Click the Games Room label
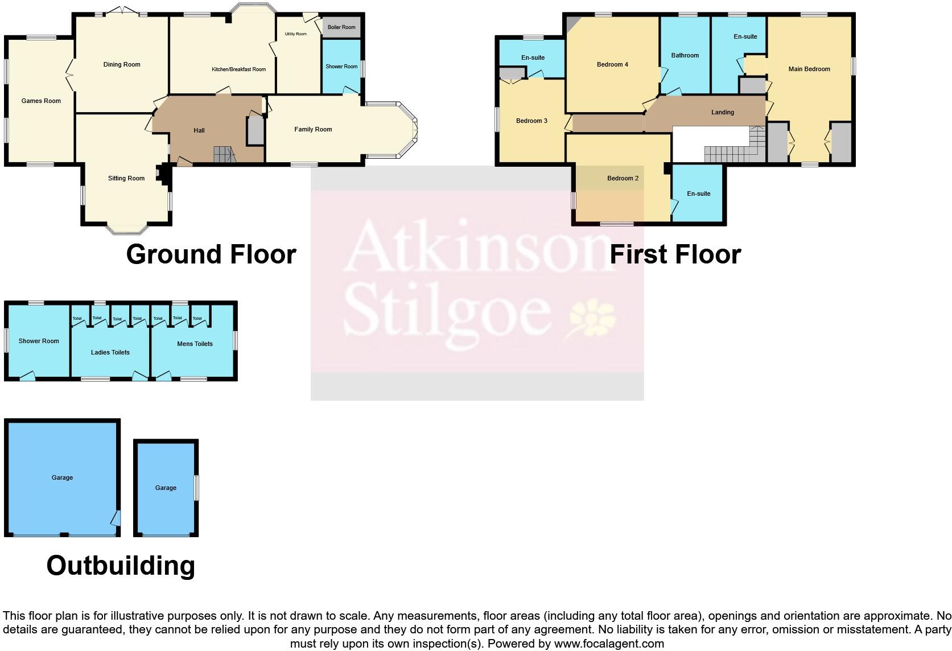coord(41,101)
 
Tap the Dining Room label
coord(122,65)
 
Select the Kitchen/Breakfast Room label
coord(238,70)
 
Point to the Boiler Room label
coord(341,27)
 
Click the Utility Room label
coord(296,34)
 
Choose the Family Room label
coord(313,130)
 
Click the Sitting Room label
coord(126,179)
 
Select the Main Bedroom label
coord(809,69)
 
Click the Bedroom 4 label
coord(612,65)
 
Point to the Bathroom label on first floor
coord(685,56)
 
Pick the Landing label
coord(723,113)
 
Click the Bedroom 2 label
coord(623,179)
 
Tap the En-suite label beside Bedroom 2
coord(699,194)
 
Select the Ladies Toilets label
coord(110,353)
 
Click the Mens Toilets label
coord(195,344)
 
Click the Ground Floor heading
coord(211,254)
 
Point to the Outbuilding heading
coord(121,566)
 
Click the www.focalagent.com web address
coord(609,644)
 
